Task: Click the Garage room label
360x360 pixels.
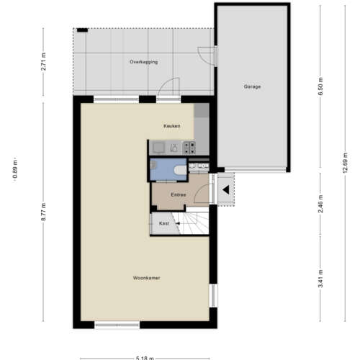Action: click(x=252, y=86)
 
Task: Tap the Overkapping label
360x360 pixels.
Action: click(x=143, y=63)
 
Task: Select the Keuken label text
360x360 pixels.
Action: click(x=171, y=126)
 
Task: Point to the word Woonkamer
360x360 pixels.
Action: click(x=146, y=277)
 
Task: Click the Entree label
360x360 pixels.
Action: click(x=179, y=194)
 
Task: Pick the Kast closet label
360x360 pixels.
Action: click(x=163, y=224)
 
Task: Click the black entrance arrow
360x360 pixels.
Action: click(x=225, y=191)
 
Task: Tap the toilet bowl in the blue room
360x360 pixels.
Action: click(x=177, y=169)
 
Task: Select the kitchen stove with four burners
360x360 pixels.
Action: click(x=191, y=148)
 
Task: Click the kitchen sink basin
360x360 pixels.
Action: click(x=158, y=148)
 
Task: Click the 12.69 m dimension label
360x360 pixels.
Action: click(x=346, y=166)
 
